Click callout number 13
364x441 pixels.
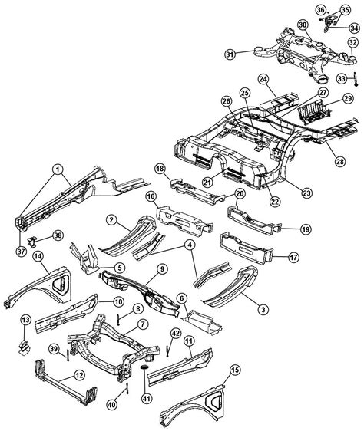(25, 319)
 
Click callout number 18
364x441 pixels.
(160, 168)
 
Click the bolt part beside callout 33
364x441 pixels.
(358, 77)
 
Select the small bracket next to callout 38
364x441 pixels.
(44, 240)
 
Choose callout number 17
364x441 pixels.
(293, 258)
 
